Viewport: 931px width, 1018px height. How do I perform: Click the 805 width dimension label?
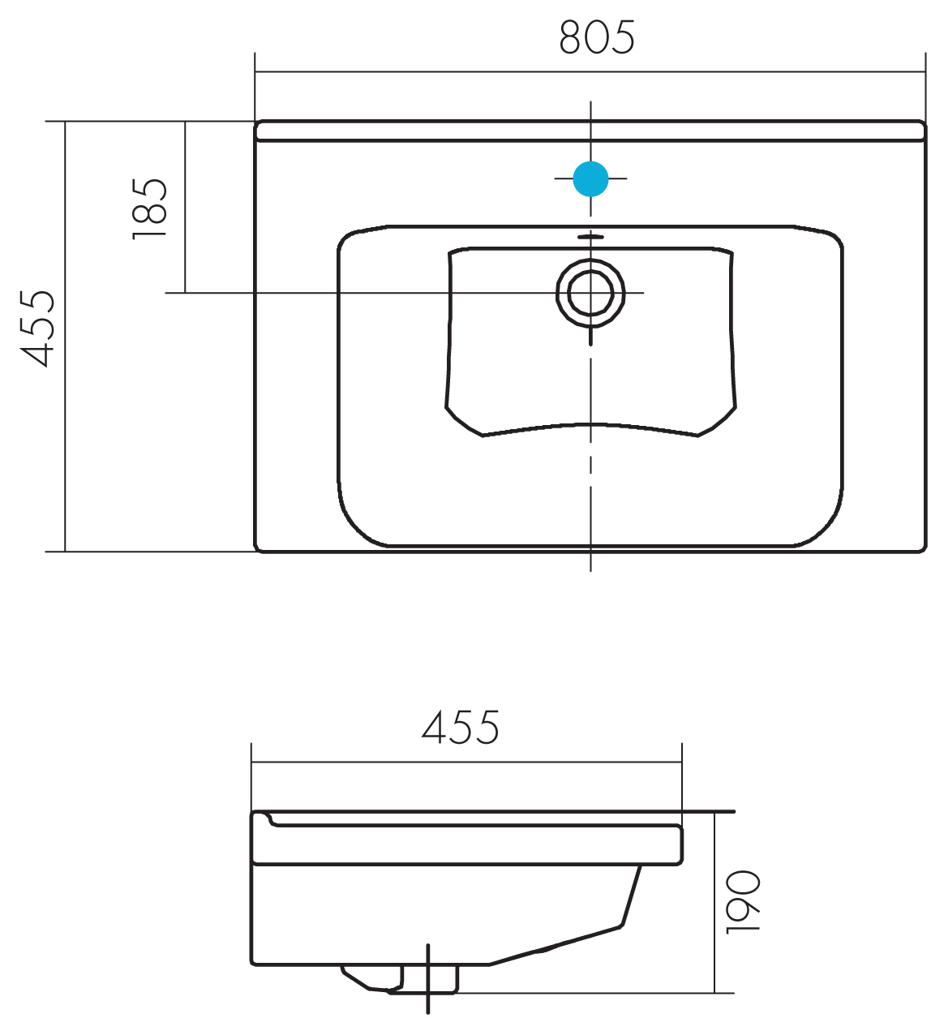597,37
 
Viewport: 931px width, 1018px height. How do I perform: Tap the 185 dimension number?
149,208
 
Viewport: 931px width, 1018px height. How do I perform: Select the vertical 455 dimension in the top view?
36,329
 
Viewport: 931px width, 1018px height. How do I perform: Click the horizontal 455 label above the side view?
460,728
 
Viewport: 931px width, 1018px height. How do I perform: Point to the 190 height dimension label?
743,902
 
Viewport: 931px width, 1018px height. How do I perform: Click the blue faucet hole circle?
590,178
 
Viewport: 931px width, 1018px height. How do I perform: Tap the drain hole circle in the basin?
590,293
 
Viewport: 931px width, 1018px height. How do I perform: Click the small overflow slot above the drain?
590,237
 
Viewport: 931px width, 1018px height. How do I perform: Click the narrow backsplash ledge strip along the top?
590,131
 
